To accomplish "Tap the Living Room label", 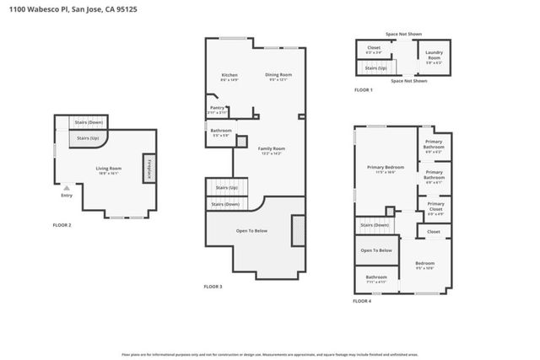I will pos(108,169).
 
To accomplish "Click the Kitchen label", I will pos(229,76).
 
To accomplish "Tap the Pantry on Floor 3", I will pos(217,109).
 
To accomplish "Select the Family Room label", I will pos(270,150).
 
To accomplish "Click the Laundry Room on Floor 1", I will pos(435,57).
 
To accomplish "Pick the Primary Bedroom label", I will pos(386,169).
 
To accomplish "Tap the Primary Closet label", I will pos(435,207).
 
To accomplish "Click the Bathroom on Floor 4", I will pos(376,277).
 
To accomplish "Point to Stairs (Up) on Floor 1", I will pos(375,67).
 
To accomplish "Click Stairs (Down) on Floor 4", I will pos(375,225).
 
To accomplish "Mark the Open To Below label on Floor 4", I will pos(375,250).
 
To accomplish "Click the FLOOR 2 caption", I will pos(62,225).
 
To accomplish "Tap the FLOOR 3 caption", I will pos(213,287).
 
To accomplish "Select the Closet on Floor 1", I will pos(374,49).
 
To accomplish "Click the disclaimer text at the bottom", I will pos(269,354).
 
